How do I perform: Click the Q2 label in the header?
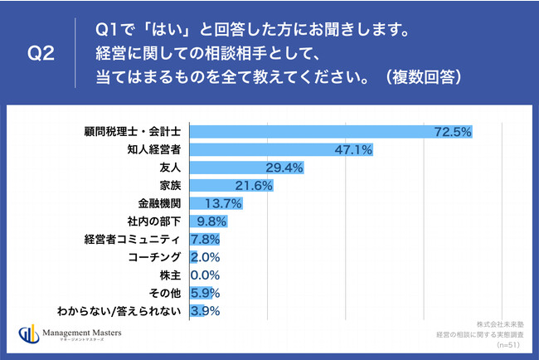pos(41,54)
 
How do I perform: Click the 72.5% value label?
pos(452,131)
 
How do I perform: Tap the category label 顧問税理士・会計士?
pos(135,131)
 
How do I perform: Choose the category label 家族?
pos(171,185)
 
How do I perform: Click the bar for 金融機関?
pos(207,203)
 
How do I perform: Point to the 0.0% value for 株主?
pos(206,275)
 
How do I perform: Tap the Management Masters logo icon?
pos(28,336)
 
